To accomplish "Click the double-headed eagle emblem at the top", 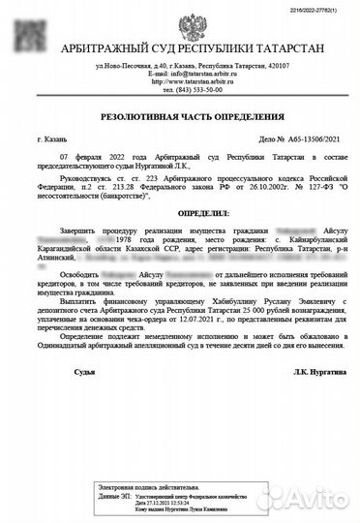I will (180, 28).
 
